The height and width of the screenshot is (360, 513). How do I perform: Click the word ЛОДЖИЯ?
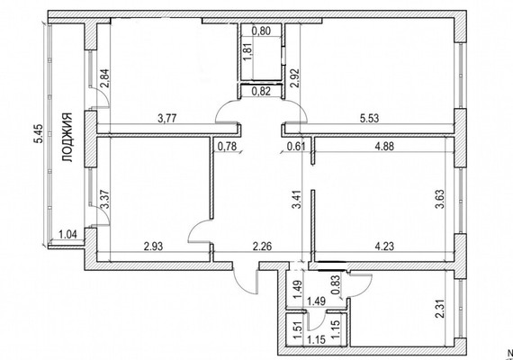(67, 138)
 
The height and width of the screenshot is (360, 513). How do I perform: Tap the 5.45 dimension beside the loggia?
(39, 133)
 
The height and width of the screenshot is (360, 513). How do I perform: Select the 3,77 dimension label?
(167, 118)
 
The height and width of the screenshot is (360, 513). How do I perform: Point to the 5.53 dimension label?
(369, 118)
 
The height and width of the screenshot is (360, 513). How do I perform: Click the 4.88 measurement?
(384, 146)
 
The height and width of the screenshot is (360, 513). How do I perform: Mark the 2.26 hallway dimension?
(263, 246)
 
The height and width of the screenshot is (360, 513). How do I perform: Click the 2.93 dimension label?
(153, 246)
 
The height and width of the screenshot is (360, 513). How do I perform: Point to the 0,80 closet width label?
(263, 31)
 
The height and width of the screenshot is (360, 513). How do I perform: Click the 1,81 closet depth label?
(247, 51)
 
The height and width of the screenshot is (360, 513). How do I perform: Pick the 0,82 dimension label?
(261, 91)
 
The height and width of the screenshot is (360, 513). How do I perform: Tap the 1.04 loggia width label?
(67, 234)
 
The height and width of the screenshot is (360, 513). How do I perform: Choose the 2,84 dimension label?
(104, 79)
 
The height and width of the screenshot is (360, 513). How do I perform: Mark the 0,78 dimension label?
(227, 146)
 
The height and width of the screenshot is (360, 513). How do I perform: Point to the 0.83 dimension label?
(335, 283)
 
